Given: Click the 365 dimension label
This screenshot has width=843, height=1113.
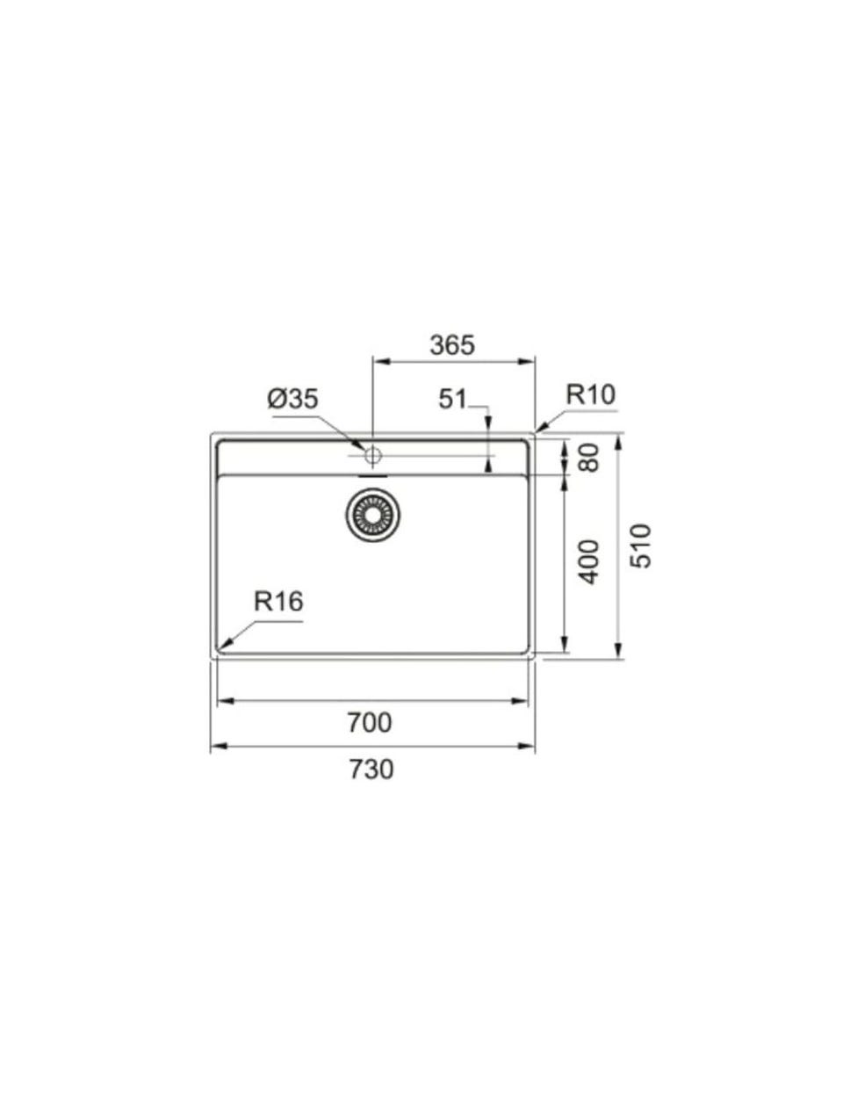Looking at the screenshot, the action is point(452,345).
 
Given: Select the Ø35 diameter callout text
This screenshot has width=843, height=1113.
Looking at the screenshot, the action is point(293,399).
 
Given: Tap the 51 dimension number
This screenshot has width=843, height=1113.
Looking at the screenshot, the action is point(452,399).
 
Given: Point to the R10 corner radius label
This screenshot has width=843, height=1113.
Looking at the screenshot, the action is point(591,394).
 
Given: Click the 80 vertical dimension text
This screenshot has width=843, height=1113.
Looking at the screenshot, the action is point(589,458).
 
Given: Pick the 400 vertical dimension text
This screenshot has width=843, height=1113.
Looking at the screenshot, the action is point(589,562).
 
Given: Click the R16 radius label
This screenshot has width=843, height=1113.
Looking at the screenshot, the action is point(278,602).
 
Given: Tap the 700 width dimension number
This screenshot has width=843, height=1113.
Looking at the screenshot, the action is point(370,723).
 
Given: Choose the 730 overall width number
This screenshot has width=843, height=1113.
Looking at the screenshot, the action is point(371,770).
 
